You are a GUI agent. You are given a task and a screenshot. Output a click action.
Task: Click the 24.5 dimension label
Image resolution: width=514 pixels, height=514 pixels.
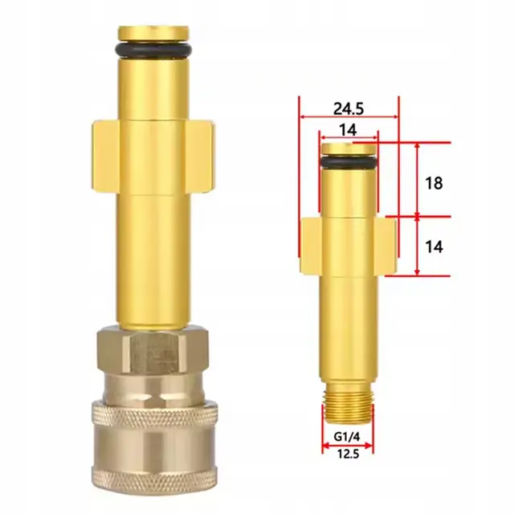click(349, 108)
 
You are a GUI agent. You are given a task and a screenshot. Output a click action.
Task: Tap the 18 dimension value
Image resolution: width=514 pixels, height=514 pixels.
click(434, 183)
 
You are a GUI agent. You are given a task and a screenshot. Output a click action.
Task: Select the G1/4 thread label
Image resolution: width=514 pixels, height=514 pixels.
click(347, 437)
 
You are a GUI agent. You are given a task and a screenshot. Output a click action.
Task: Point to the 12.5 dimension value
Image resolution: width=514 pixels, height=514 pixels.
click(348, 454)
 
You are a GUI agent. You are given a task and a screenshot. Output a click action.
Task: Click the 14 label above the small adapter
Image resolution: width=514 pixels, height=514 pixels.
click(348, 130)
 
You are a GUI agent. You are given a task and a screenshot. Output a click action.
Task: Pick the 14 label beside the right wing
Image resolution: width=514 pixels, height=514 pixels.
click(434, 247)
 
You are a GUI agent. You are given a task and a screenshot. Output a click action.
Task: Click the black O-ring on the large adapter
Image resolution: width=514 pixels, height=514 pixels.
click(153, 48)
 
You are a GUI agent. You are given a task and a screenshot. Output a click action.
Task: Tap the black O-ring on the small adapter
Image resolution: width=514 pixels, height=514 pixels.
click(348, 161)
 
